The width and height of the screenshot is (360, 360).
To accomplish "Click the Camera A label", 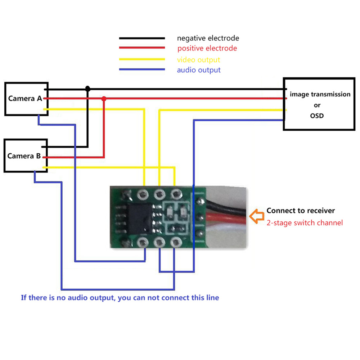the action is point(25,99).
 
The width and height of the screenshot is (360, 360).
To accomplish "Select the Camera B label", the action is point(24,156).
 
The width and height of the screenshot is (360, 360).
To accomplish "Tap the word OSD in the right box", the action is point(317,116).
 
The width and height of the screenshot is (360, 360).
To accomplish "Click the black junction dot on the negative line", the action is point(87,89).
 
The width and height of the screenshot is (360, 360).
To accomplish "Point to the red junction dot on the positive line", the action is point(104,99).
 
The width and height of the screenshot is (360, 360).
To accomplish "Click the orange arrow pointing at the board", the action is point(257,216).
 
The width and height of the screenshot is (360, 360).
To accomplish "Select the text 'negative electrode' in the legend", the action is point(208,38).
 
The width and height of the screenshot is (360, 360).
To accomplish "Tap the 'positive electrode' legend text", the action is point(207,48).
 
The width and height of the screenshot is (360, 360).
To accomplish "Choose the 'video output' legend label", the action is point(199,60).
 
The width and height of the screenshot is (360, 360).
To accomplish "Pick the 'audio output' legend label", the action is point(199,70).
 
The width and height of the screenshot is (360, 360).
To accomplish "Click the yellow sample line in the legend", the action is point(142,59).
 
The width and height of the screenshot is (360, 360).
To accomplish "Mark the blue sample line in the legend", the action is point(142,69).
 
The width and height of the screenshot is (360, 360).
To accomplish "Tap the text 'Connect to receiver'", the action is point(301,211).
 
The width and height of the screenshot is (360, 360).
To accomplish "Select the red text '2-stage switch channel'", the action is point(305,223).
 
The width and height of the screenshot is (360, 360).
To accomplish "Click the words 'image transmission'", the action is point(320,94).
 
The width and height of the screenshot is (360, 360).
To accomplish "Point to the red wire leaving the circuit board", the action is point(226,218).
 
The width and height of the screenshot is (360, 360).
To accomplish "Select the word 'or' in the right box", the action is point(317,105).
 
